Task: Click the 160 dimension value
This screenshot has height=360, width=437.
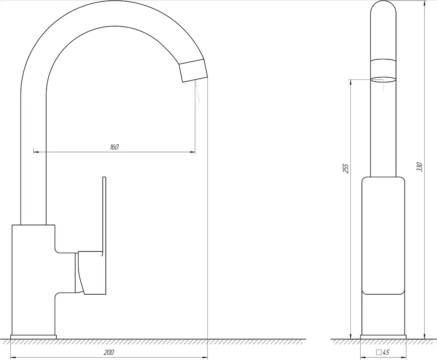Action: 114,147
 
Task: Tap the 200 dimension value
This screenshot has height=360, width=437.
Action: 109,352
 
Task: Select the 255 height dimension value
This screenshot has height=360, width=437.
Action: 346,168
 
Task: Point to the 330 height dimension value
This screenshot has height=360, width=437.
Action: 420,167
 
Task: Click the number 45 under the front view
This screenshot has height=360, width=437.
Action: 386,352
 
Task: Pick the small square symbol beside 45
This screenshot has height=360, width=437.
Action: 379,352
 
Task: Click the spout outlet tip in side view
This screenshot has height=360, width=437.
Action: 193,71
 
